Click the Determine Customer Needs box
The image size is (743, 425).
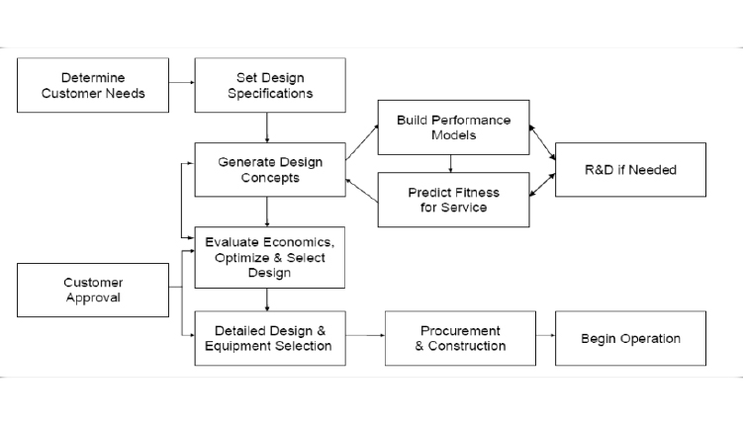[93, 85]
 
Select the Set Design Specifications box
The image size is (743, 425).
[269, 85]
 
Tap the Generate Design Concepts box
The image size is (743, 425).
[269, 170]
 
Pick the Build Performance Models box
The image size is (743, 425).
[453, 127]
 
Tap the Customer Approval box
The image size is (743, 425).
[93, 289]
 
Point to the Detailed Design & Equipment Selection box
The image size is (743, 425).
[269, 338]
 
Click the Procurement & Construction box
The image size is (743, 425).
[460, 338]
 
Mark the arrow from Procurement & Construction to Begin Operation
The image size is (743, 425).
[545, 338]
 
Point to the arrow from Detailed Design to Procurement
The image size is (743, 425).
[365, 338]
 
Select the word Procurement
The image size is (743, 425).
[460, 330]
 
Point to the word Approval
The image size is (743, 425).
[93, 297]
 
